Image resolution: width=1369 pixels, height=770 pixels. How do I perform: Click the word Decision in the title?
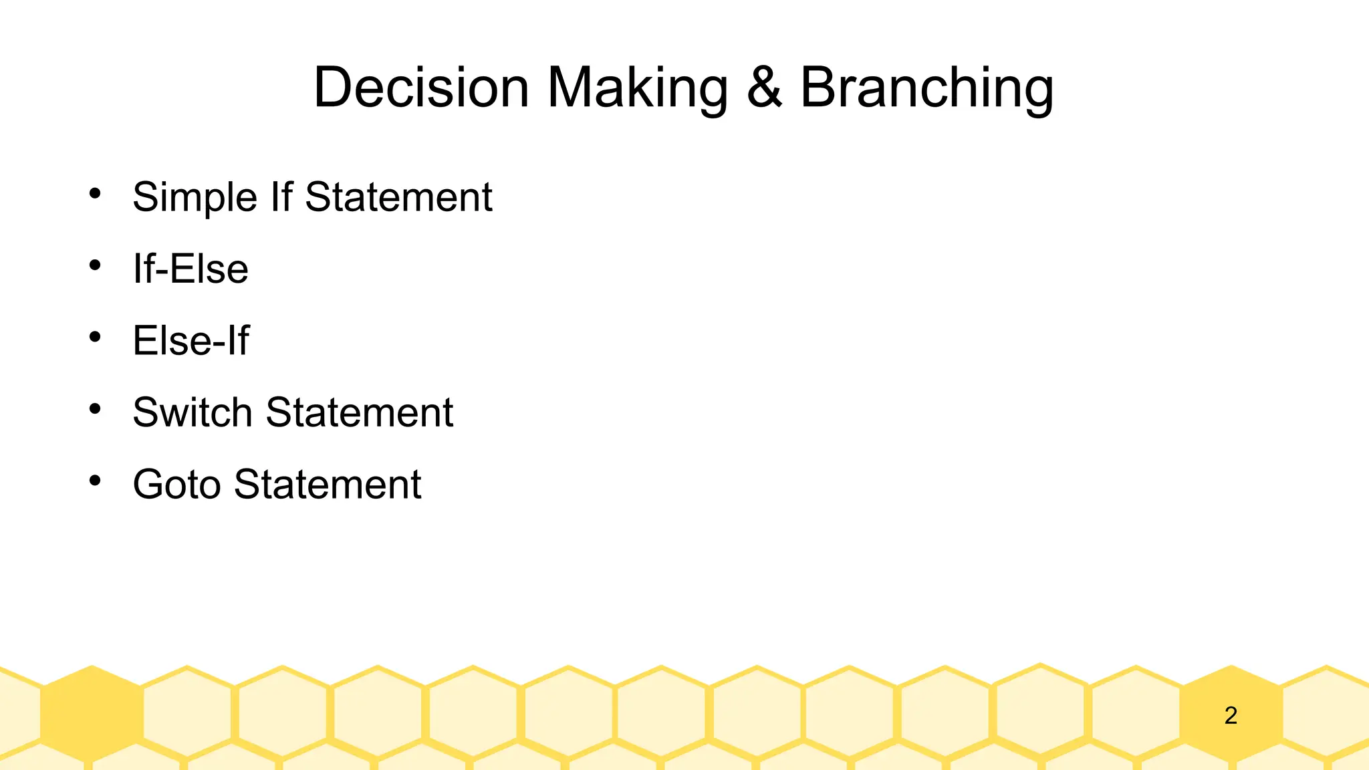pos(421,88)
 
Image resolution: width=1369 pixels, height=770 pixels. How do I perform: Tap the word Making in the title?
pos(638,88)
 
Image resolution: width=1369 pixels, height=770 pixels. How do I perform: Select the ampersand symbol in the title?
pos(764,88)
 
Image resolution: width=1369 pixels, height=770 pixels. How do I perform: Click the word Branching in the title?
pos(926,88)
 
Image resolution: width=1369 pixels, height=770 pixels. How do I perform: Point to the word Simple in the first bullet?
pos(195,198)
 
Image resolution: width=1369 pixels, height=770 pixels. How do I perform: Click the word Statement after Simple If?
pos(398,197)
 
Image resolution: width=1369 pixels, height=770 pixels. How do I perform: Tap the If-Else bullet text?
pos(191,269)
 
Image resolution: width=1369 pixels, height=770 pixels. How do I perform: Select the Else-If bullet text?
pos(191,340)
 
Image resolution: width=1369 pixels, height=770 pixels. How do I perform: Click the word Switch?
pos(192,412)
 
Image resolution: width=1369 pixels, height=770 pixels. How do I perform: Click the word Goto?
pos(176,484)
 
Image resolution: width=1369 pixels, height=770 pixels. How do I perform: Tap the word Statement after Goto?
pos(328,484)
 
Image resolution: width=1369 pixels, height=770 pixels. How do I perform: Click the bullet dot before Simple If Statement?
pos(95,194)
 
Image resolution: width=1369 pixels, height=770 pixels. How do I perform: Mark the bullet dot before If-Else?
pos(95,265)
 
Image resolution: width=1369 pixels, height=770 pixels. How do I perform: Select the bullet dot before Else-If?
pos(95,337)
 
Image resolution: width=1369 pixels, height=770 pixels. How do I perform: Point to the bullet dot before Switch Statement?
pos(95,408)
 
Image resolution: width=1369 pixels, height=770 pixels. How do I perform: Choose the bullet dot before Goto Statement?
pos(95,480)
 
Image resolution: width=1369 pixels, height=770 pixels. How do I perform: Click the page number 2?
pos(1231,716)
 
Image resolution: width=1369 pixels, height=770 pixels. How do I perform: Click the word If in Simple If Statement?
pos(281,197)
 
